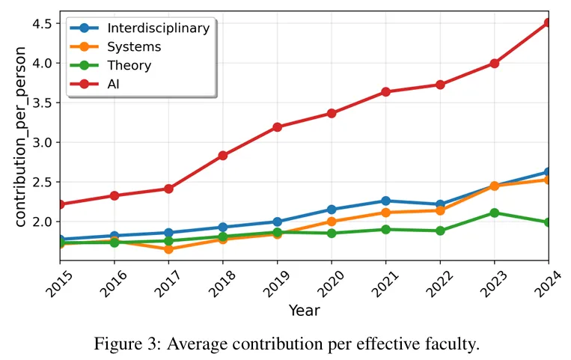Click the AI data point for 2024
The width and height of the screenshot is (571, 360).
[548, 23]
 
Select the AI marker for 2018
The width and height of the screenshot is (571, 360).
[222, 156]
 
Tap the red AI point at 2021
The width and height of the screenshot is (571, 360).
[385, 92]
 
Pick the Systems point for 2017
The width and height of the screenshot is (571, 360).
[168, 249]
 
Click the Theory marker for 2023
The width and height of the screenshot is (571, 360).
[494, 213]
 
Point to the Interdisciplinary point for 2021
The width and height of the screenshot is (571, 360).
[385, 201]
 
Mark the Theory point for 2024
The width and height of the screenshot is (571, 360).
[548, 222]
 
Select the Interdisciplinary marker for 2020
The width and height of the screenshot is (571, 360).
[331, 210]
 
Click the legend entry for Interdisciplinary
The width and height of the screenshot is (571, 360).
[158, 28]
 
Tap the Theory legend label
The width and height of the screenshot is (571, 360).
[129, 66]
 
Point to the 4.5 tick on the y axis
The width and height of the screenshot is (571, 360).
[42, 24]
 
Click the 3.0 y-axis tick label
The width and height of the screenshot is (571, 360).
[42, 142]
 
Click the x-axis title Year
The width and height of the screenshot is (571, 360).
[304, 311]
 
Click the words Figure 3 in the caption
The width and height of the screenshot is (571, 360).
[126, 344]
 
